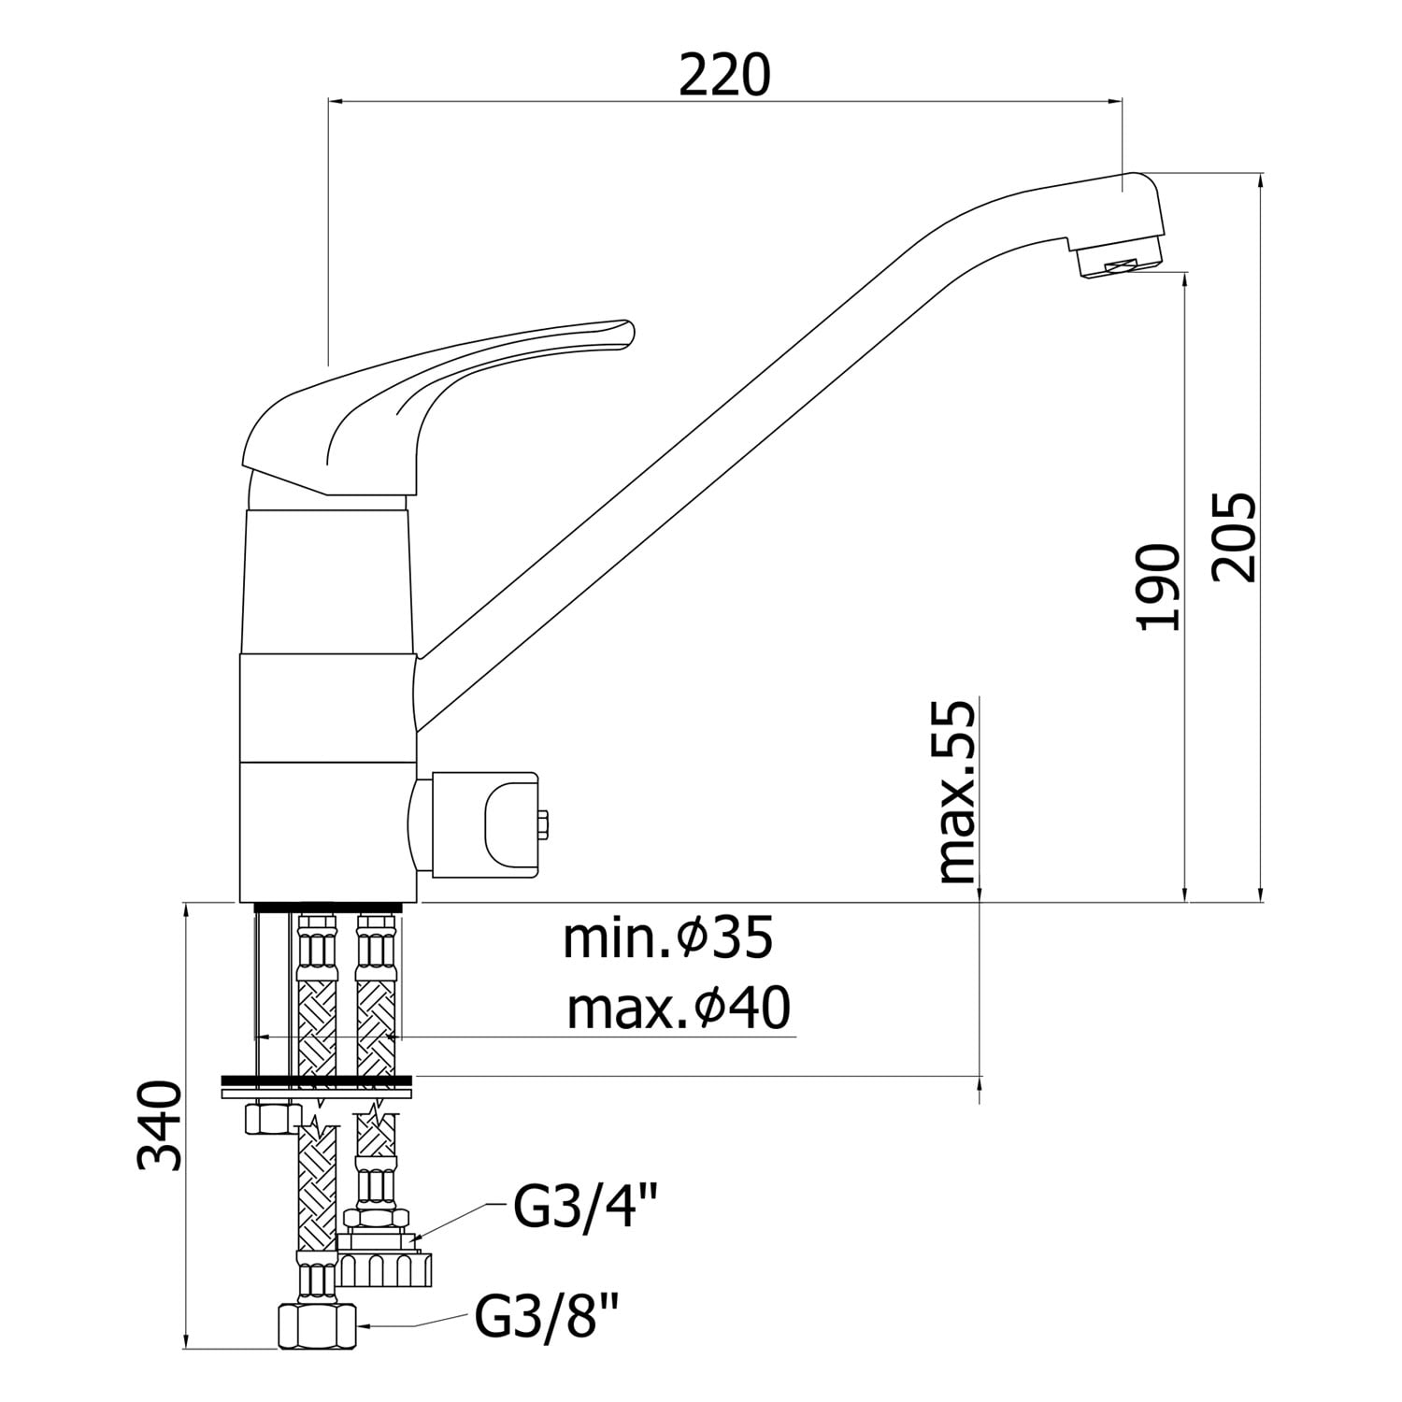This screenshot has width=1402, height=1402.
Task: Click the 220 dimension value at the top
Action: coord(724,76)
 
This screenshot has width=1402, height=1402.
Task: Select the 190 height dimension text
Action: coord(1160,586)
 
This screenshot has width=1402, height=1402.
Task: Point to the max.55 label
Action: coord(955,793)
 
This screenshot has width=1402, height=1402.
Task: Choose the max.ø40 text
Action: coord(679,1009)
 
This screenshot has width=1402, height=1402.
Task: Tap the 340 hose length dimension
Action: coord(159,1125)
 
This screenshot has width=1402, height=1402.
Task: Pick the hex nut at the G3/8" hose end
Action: coord(318,1325)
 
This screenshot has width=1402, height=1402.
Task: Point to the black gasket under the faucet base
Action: coord(328,907)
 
